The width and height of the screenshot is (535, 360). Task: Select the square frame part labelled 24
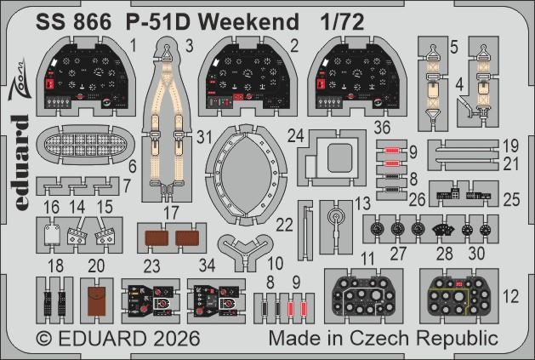337,159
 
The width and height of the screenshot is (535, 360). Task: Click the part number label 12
509,297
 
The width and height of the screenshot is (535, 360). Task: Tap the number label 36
382,128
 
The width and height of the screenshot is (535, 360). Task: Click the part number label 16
50,207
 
